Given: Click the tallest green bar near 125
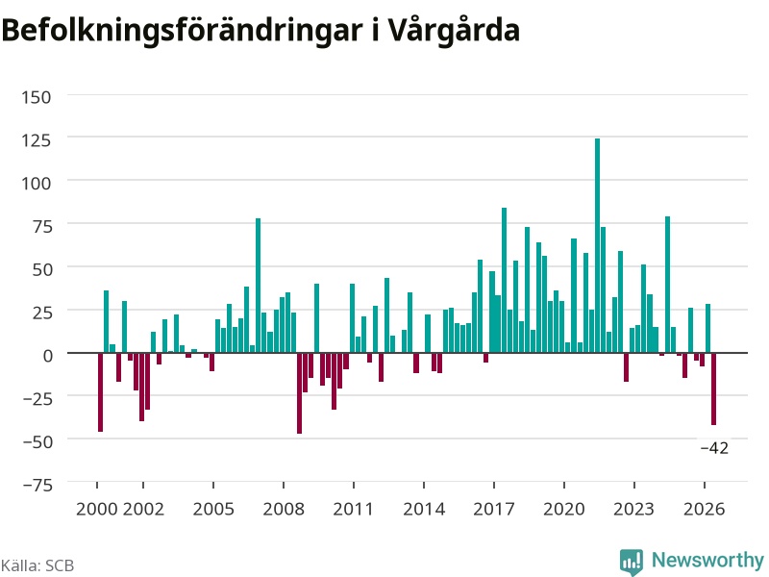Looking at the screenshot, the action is pyautogui.click(x=597, y=245).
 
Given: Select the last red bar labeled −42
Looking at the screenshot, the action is pyautogui.click(x=713, y=389).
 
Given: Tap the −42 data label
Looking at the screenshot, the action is pyautogui.click(x=714, y=448).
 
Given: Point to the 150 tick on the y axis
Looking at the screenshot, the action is pyautogui.click(x=37, y=97).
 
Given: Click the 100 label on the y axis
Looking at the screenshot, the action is pyautogui.click(x=37, y=183).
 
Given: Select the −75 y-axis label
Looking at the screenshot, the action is pyautogui.click(x=37, y=485).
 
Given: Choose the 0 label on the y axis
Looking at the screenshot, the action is pyautogui.click(x=47, y=355).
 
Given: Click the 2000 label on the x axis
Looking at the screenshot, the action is pyautogui.click(x=97, y=509).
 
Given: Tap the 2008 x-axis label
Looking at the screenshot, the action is pyautogui.click(x=284, y=509).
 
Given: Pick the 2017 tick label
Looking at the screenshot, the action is pyautogui.click(x=494, y=509).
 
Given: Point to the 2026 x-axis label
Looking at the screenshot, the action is pyautogui.click(x=705, y=509).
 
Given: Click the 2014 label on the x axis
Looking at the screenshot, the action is pyautogui.click(x=424, y=509).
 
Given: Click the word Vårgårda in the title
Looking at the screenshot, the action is pyautogui.click(x=455, y=31).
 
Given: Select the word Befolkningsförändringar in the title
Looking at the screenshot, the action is pyautogui.click(x=182, y=31).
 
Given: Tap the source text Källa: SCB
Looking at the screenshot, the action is pyautogui.click(x=37, y=565).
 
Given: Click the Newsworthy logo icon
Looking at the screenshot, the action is pyautogui.click(x=632, y=562).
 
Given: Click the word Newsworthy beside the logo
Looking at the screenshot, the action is pyautogui.click(x=707, y=560).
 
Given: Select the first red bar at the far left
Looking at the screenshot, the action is pyautogui.click(x=100, y=392).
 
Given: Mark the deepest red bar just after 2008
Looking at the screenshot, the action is pyautogui.click(x=299, y=393).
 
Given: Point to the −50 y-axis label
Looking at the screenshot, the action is pyautogui.click(x=37, y=441).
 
